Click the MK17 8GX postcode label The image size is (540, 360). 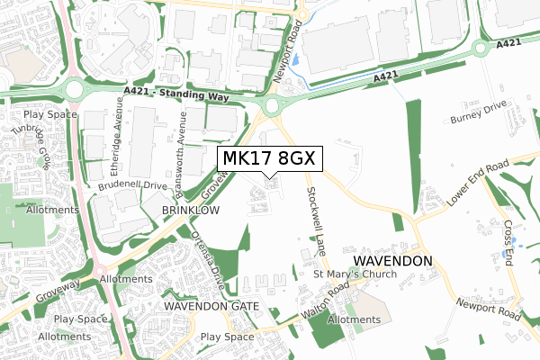tap(267, 159)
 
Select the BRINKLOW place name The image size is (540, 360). tap(190, 210)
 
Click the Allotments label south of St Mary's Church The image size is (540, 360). tap(355, 319)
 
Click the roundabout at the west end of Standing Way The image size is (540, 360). tap(74, 90)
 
